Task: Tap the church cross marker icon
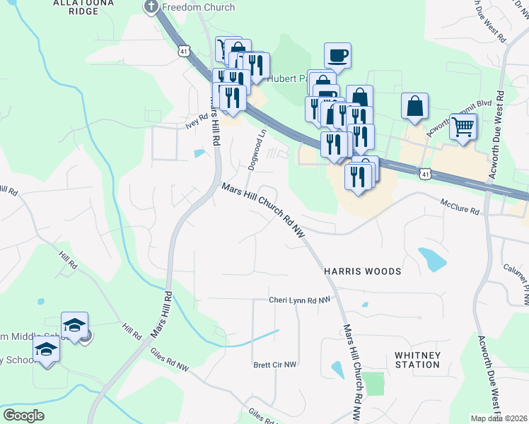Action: click(151, 7)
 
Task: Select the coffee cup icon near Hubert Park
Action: click(337, 55)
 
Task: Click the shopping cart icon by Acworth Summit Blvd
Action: click(463, 127)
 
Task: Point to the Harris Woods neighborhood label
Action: click(362, 271)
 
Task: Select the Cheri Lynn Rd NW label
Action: click(299, 300)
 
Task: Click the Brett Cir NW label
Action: click(275, 365)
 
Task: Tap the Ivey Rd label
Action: click(197, 120)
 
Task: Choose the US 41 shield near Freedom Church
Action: click(184, 51)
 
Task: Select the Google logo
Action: click(23, 416)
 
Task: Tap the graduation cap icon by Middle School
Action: click(74, 326)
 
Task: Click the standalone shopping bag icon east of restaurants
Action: click(414, 106)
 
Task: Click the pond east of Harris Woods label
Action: click(431, 259)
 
